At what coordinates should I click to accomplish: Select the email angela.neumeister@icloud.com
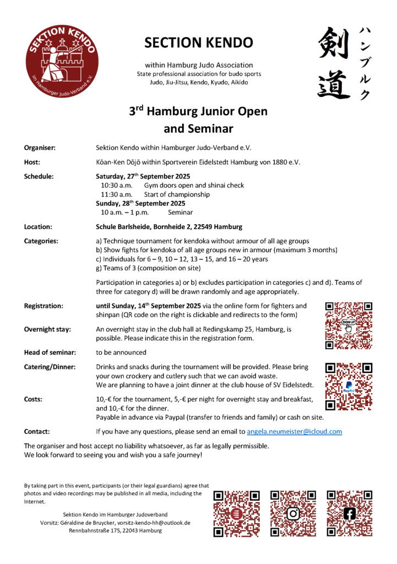click(x=294, y=431)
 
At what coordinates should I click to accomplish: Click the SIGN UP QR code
click(x=349, y=326)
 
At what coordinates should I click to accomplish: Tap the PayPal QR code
click(x=349, y=386)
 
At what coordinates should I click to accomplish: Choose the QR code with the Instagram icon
click(x=293, y=513)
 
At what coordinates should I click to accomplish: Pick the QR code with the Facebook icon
click(x=349, y=513)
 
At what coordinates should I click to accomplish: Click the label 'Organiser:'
click(x=40, y=148)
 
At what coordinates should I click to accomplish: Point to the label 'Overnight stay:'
click(x=47, y=329)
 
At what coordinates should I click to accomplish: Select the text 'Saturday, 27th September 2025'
click(x=143, y=176)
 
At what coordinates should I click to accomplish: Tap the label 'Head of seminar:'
click(x=50, y=352)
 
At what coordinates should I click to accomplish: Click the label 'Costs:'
click(x=35, y=398)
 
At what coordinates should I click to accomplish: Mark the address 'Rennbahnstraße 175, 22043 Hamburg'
click(x=115, y=530)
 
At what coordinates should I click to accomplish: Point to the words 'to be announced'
click(x=121, y=352)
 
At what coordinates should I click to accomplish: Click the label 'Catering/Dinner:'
click(x=50, y=367)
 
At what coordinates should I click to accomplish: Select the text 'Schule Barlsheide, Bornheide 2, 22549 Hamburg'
click(x=168, y=226)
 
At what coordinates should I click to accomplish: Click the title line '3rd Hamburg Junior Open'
click(x=198, y=111)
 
